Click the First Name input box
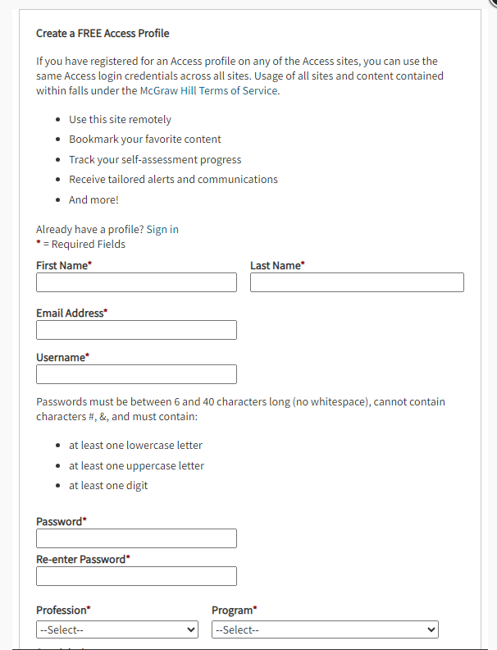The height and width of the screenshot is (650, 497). pyautogui.click(x=136, y=282)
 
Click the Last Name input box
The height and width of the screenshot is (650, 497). pyautogui.click(x=357, y=282)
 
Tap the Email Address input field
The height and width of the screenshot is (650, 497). pyautogui.click(x=136, y=330)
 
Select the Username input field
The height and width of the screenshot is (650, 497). pyautogui.click(x=136, y=374)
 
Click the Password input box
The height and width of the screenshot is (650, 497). pyautogui.click(x=136, y=538)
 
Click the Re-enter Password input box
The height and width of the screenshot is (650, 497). pyautogui.click(x=136, y=576)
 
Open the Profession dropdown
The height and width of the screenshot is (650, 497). pyautogui.click(x=117, y=629)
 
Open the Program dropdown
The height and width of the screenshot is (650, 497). pyautogui.click(x=325, y=629)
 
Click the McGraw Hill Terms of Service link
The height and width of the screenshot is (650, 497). pyautogui.click(x=209, y=91)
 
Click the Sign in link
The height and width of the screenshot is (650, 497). pyautogui.click(x=162, y=229)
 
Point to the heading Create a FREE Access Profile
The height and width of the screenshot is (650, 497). pyautogui.click(x=103, y=34)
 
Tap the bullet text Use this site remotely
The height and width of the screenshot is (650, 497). pyautogui.click(x=120, y=120)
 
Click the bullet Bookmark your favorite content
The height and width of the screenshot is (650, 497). pyautogui.click(x=145, y=140)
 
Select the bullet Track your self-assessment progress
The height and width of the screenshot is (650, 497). pyautogui.click(x=155, y=160)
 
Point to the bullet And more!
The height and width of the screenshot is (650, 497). pyautogui.click(x=93, y=199)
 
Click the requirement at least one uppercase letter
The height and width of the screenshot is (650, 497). pyautogui.click(x=136, y=465)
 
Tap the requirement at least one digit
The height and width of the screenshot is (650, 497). pyautogui.click(x=108, y=485)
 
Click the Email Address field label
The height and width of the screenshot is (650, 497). pyautogui.click(x=71, y=313)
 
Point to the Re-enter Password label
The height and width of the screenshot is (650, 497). pyautogui.click(x=83, y=559)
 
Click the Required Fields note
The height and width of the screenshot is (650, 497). pyautogui.click(x=83, y=244)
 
